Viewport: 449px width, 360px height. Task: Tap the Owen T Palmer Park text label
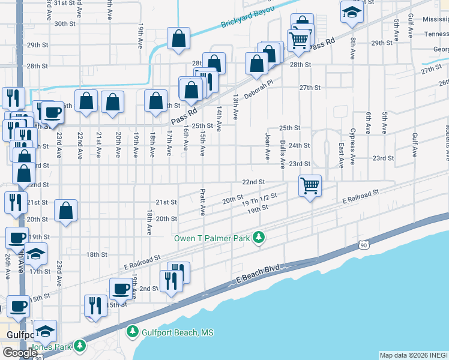click(x=211, y=238)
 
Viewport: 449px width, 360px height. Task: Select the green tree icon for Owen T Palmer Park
click(x=259, y=238)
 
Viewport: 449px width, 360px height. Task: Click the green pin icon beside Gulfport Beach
click(x=133, y=332)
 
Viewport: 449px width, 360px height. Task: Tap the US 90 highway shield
click(x=363, y=244)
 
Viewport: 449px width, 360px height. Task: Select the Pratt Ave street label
click(x=203, y=203)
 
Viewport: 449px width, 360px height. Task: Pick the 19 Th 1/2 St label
click(x=259, y=200)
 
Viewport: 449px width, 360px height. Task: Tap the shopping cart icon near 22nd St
click(x=310, y=186)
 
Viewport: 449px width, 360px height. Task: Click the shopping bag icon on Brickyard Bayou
click(x=179, y=39)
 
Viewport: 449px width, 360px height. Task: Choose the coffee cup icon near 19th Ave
click(x=120, y=289)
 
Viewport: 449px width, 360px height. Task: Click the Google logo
click(x=20, y=353)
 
